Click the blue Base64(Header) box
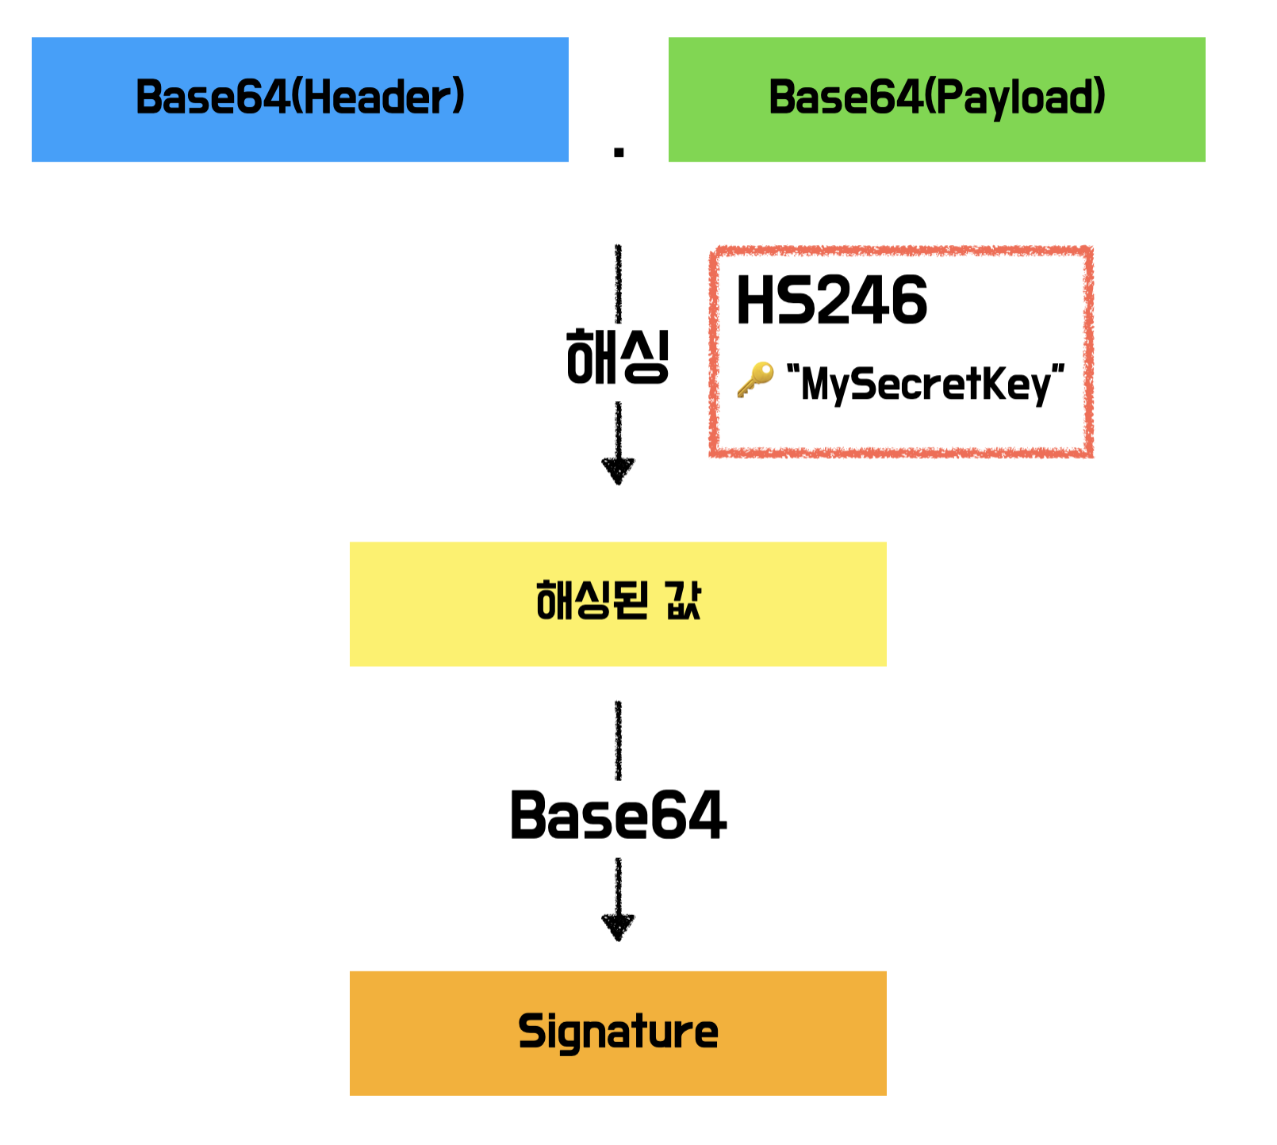(x=300, y=99)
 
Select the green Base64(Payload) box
(x=936, y=99)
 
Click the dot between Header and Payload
(x=619, y=152)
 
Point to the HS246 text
(x=831, y=301)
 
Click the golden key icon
(x=754, y=380)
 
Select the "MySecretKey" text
(x=925, y=384)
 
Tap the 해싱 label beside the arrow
(x=618, y=358)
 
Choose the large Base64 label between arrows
(x=618, y=815)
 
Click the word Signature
(x=618, y=1032)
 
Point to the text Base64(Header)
(x=300, y=97)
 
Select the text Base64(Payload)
(x=936, y=97)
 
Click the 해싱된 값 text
(x=618, y=600)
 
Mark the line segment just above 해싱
(x=618, y=281)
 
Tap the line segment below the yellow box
(x=618, y=739)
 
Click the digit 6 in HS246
(x=908, y=301)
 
